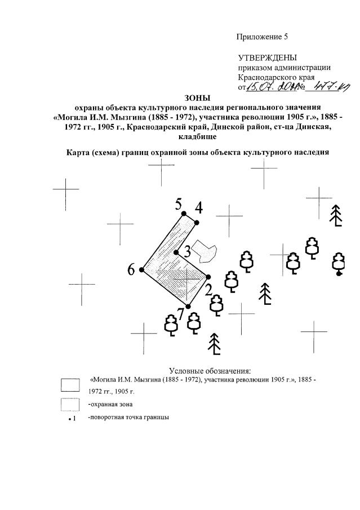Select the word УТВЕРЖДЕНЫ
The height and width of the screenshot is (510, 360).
[267, 58]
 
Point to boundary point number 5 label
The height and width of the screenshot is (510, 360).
[179, 204]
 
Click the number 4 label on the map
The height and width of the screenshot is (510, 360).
[198, 208]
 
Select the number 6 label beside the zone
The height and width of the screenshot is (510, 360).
[131, 269]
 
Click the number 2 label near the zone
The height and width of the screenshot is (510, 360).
[208, 290]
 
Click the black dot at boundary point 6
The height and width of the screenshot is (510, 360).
[141, 270]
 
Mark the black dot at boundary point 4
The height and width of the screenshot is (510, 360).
[197, 223]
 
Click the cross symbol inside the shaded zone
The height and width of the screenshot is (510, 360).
[186, 277]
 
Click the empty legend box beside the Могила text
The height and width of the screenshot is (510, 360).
[70, 385]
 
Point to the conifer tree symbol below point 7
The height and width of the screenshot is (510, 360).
[214, 345]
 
